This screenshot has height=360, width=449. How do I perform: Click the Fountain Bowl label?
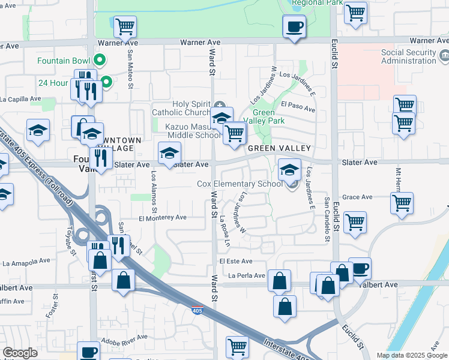63,61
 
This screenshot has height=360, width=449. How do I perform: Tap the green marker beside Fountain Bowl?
101,61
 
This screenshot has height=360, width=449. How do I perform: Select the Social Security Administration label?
409,56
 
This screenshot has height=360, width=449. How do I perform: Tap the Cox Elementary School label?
240,184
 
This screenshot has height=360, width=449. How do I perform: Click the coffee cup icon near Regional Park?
294,27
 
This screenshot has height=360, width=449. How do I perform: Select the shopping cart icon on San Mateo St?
125,26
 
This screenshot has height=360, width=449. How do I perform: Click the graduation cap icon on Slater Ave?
169,153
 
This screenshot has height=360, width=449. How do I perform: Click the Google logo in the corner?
20,353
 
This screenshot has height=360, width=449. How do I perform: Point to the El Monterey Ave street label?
163,218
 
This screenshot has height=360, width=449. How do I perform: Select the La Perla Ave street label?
247,276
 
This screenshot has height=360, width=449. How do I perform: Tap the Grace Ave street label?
358,197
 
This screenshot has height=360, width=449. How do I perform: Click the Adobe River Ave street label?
124,337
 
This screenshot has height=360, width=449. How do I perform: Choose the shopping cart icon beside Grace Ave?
402,203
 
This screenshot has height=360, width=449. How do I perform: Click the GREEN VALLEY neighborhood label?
279,148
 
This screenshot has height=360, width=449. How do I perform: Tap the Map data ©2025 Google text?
411,355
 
